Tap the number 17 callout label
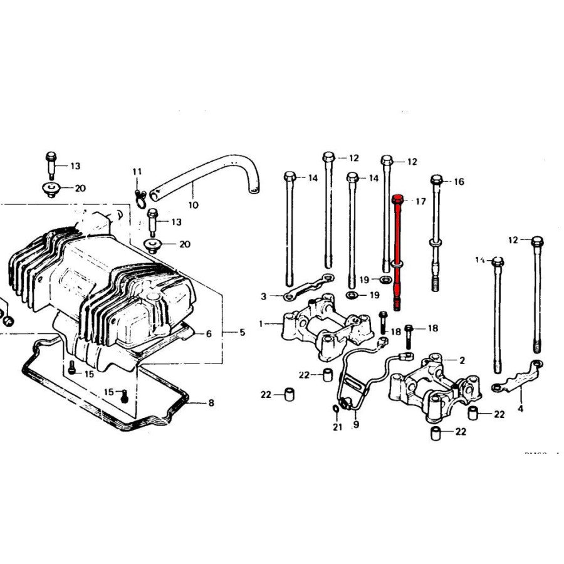pos(420,201)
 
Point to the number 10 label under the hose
pos(193,205)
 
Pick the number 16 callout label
pos(459,182)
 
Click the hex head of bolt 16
pos(437,181)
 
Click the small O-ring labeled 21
pos(336,409)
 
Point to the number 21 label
pos(338,427)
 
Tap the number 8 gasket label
pos(211,403)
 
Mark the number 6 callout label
pos(209,334)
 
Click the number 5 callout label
pos(243,332)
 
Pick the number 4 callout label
pos(520,409)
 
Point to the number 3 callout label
pos(264,296)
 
